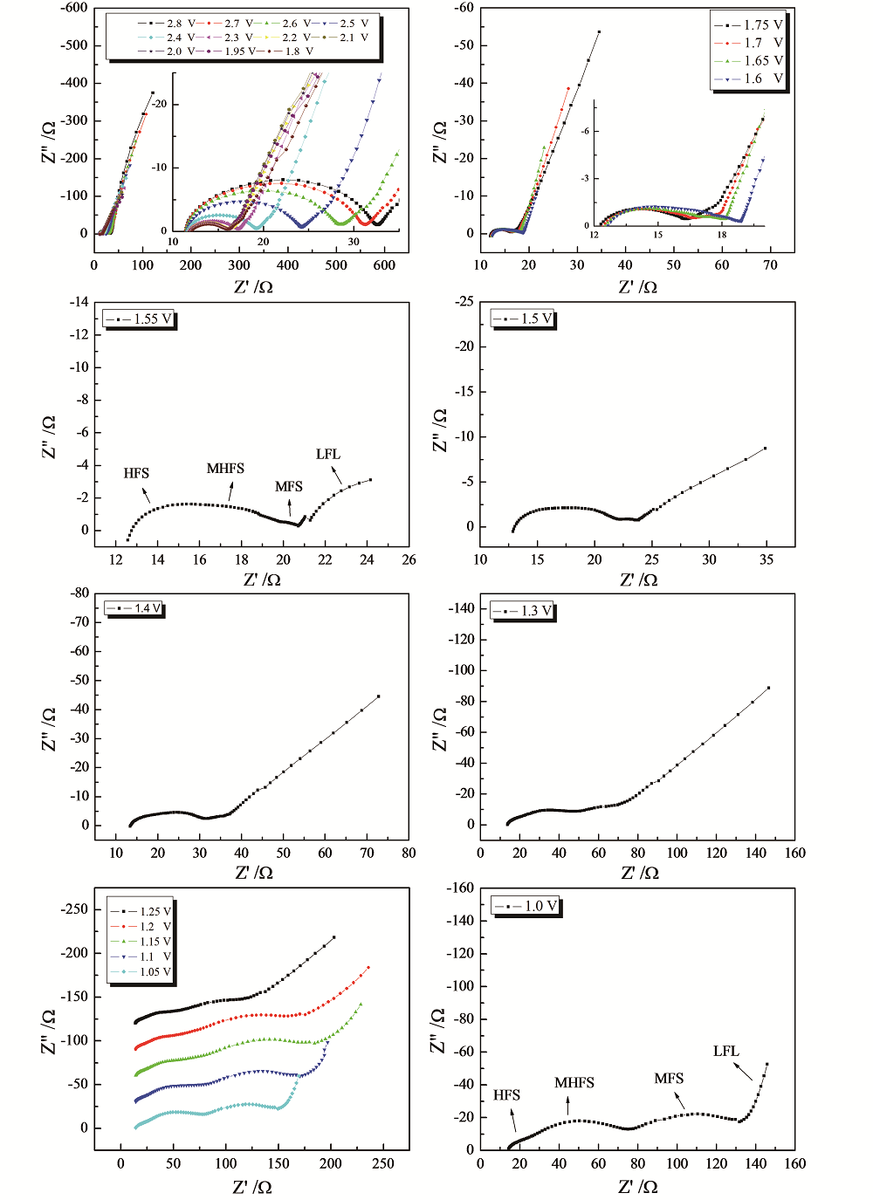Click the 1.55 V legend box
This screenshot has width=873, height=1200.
pos(140,319)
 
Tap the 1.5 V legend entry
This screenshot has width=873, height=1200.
pos(525,319)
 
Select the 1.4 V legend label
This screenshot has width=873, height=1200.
pos(134,608)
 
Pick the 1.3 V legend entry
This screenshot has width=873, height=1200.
pos(524,611)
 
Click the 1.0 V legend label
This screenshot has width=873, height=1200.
pos(527,907)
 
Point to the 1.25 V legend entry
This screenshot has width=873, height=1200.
pos(141,912)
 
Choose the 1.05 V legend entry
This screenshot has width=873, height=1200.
pos(141,972)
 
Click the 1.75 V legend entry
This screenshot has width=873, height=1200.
pos(750,25)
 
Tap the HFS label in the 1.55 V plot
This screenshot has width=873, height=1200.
pos(136,473)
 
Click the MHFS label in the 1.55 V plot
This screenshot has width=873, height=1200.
pos(225,469)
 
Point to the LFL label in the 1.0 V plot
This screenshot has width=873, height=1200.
pos(725,1052)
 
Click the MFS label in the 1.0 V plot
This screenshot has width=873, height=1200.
pos(669,1079)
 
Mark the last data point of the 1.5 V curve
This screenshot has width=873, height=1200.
pos(766,449)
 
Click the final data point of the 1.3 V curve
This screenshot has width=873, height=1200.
pos(769,688)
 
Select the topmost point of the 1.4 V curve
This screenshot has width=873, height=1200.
pos(379,696)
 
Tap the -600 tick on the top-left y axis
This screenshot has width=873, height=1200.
pos(74,8)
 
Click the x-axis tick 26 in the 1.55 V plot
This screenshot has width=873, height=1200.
pos(409,559)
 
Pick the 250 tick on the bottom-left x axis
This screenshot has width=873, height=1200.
pos(383,1163)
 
